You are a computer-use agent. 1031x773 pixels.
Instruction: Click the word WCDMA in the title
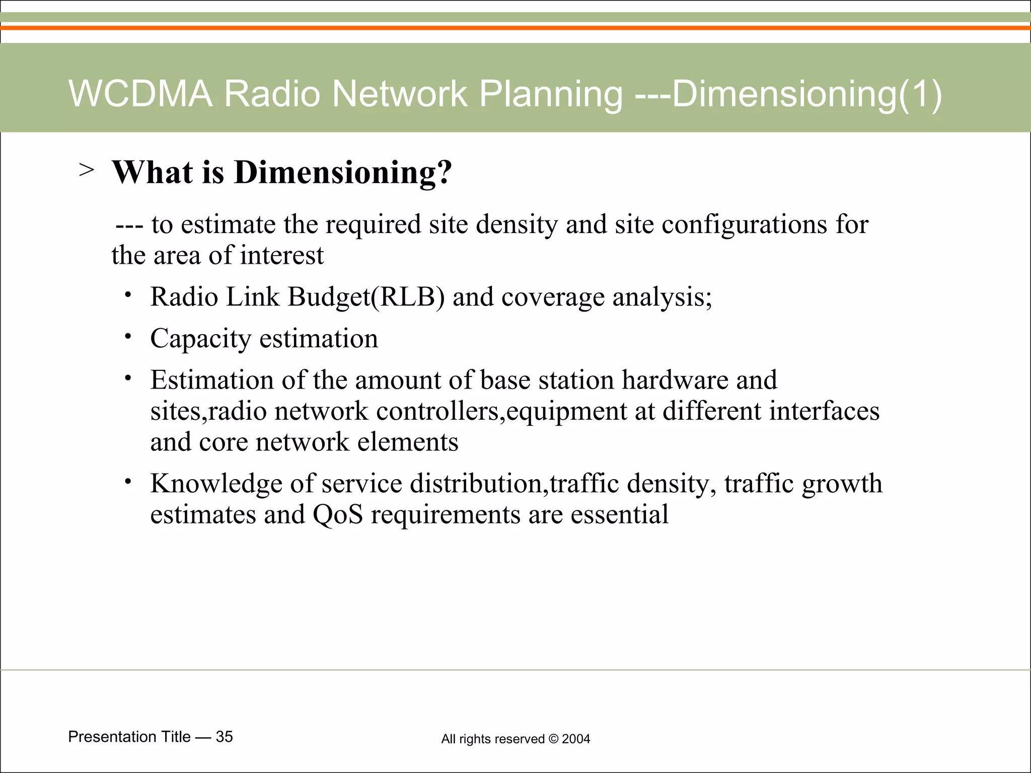[x=140, y=94]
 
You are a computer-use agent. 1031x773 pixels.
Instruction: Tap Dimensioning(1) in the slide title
[x=806, y=94]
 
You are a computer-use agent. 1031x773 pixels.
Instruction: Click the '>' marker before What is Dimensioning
[x=86, y=170]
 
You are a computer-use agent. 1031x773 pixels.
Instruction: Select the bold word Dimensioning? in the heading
[x=343, y=172]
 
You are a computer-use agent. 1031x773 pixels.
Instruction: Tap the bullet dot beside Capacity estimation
[x=128, y=336]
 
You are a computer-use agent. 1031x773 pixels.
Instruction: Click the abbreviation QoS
[x=338, y=514]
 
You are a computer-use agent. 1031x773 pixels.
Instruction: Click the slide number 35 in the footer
[x=224, y=737]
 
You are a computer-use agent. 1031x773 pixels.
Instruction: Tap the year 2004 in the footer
[x=576, y=739]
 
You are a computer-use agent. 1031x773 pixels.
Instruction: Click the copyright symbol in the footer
[x=553, y=739]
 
